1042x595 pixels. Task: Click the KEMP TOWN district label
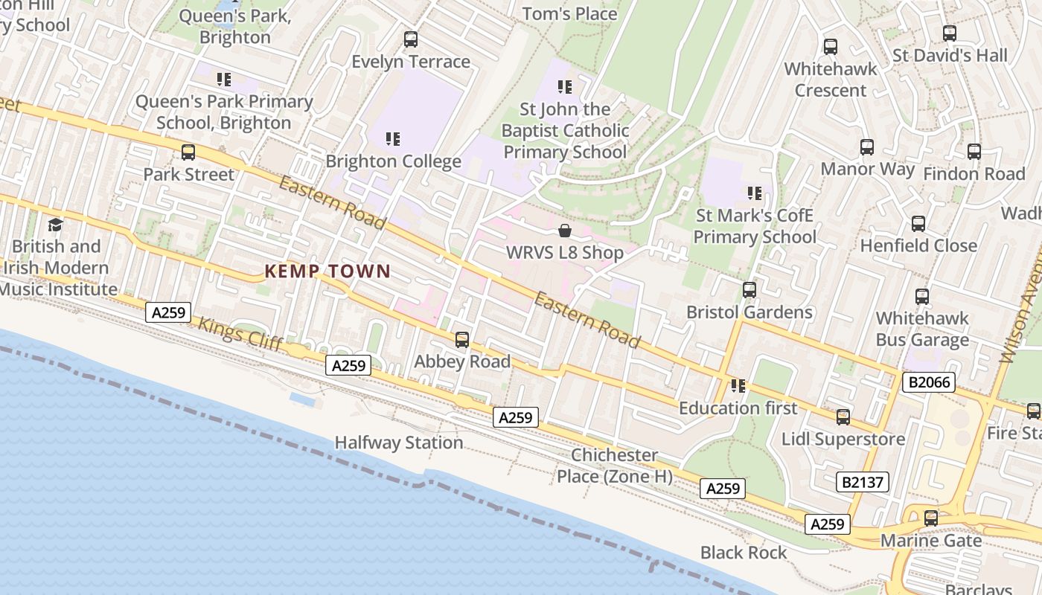[x=327, y=271]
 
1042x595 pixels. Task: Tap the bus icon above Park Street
[x=188, y=152]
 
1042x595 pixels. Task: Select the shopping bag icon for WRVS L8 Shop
[x=565, y=231]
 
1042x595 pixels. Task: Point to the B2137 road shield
[x=863, y=481]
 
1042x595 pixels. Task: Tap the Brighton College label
[x=393, y=161]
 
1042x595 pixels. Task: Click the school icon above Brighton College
[x=393, y=138]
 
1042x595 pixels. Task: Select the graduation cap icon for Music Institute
[x=55, y=224]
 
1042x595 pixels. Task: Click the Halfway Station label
[x=398, y=443]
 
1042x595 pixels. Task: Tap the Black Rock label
[x=743, y=553]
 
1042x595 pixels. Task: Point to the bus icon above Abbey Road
[x=462, y=340]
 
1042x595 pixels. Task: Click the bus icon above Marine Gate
[x=930, y=518]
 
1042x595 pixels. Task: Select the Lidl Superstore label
[x=843, y=439]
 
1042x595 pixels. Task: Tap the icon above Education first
[x=738, y=385]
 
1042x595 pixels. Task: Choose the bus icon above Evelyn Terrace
[x=410, y=39]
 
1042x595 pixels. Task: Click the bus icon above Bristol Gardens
[x=749, y=290]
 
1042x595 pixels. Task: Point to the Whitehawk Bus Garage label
[x=922, y=329]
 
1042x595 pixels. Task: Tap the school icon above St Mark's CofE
[x=755, y=193]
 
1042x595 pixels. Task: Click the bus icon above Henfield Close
[x=918, y=224]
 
